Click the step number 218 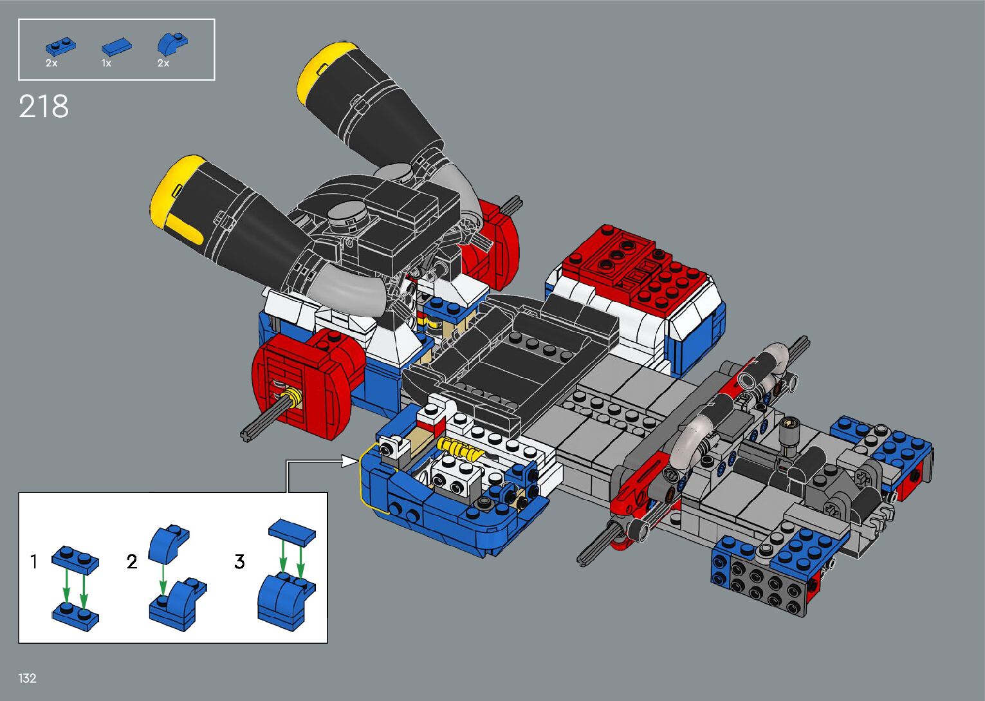44,106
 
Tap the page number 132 27,678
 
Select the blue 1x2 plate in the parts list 60,46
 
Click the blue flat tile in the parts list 116,46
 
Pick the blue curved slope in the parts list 172,44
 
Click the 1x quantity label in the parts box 106,63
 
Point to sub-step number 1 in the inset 34,561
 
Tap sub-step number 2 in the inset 132,561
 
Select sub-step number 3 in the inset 239,561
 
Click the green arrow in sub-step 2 163,579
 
